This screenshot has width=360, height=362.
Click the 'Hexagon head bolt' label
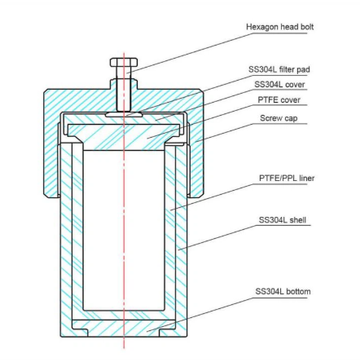(279, 27)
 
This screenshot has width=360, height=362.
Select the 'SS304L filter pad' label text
(279, 69)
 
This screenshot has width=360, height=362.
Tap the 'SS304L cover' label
(279, 85)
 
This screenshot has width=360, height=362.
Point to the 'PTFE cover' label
(279, 99)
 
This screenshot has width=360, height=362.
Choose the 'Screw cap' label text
(279, 118)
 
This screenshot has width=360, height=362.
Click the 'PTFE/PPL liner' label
(287, 179)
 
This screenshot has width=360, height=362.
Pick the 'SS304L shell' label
(283, 220)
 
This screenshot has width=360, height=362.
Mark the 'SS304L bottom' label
(283, 292)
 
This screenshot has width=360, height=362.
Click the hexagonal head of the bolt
(124, 62)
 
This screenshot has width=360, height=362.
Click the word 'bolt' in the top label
(306, 27)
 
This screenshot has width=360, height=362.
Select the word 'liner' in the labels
(307, 179)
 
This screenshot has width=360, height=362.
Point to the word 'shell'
(298, 220)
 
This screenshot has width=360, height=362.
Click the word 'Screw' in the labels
(270, 118)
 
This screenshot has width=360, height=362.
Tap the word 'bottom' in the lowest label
(298, 292)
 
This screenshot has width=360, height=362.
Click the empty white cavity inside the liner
(124, 230)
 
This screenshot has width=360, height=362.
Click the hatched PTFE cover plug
(124, 136)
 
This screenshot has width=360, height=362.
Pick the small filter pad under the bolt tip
(124, 115)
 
